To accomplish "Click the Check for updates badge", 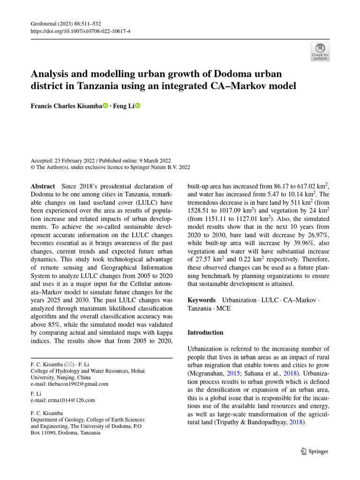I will tap(320, 52).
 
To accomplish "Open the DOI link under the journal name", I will tap(80, 31).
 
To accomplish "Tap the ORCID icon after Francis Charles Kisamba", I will tap(105, 106).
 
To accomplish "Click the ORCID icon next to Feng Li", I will tap(137, 106).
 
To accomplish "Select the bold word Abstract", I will tap(43, 186).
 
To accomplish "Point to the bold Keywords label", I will tap(202, 300).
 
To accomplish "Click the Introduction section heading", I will tap(206, 332).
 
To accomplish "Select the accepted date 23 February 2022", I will tap(75, 160).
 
